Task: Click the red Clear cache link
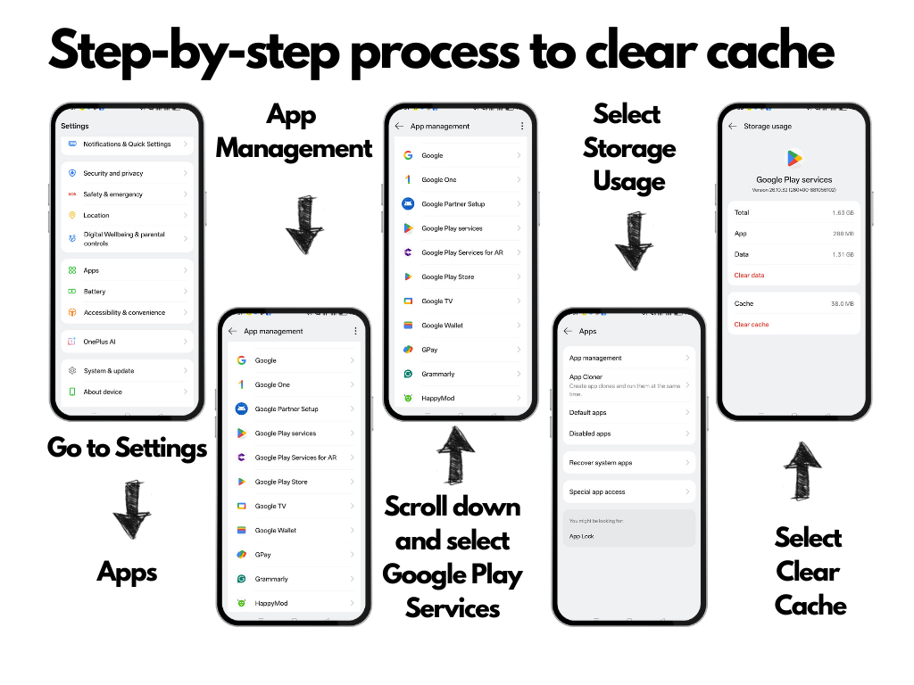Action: pos(752,325)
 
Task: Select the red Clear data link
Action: pos(749,276)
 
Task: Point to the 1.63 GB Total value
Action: pos(842,212)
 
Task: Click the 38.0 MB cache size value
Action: pos(842,304)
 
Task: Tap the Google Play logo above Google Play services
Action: pos(794,159)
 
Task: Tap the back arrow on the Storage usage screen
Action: pos(733,127)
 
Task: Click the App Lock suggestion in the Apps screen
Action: pos(582,536)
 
